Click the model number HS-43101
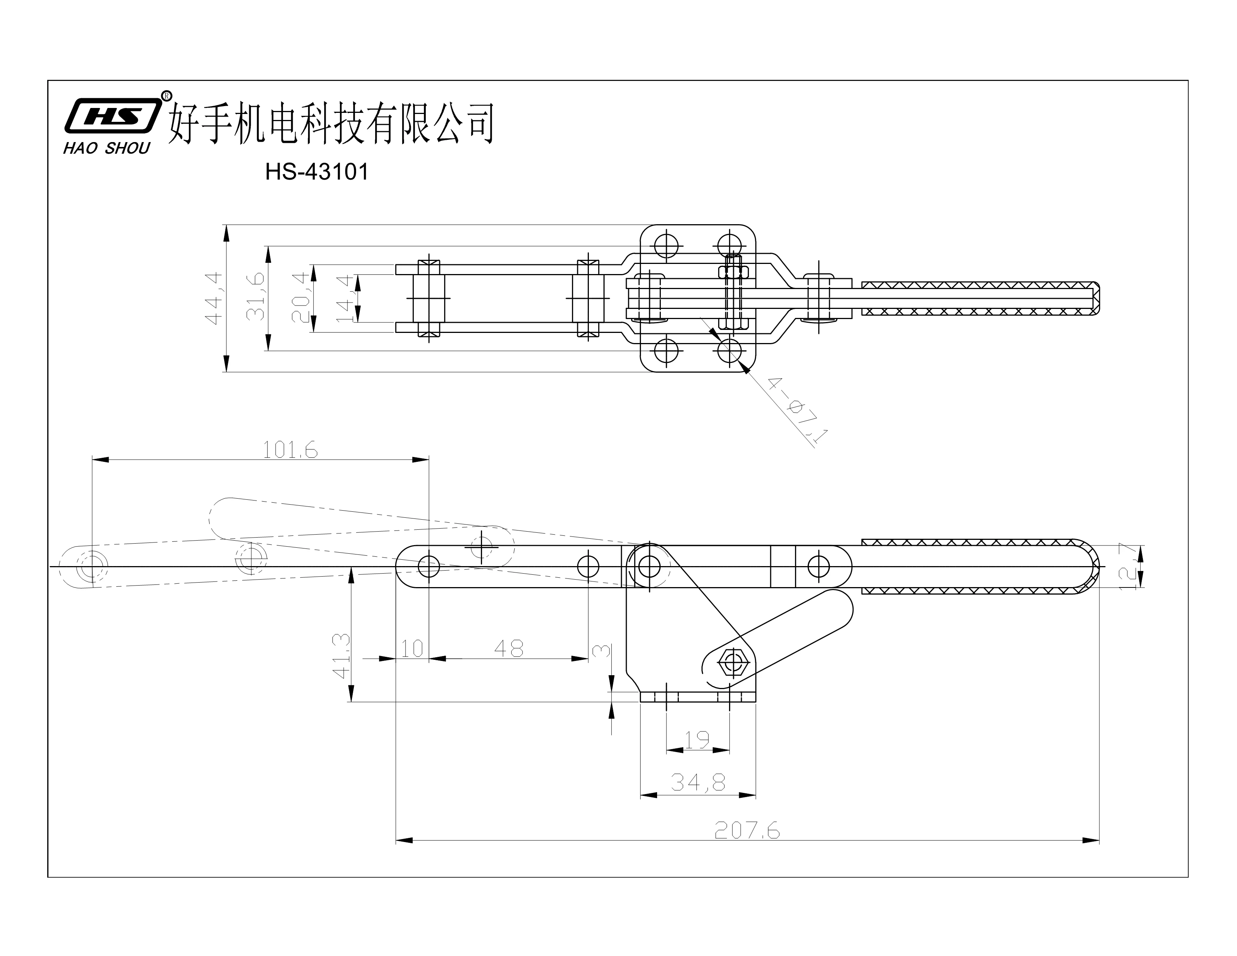pyautogui.click(x=317, y=172)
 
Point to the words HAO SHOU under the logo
pyautogui.click(x=106, y=148)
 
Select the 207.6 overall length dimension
pyautogui.click(x=746, y=831)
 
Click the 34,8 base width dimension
pyautogui.click(x=698, y=783)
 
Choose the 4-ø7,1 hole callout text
pyautogui.click(x=797, y=410)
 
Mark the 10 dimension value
pyautogui.click(x=412, y=649)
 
